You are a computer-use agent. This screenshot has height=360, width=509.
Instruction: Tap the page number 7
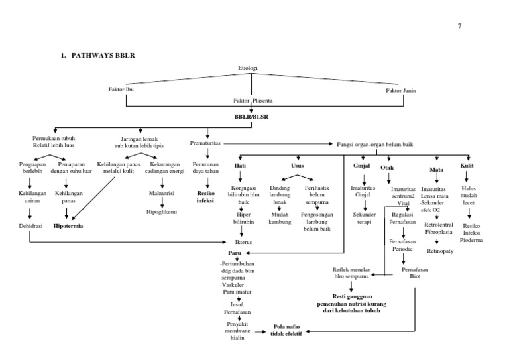click(x=458, y=26)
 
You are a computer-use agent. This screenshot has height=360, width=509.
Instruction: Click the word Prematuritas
click(x=205, y=143)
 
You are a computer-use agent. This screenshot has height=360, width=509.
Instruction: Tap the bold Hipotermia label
click(x=74, y=226)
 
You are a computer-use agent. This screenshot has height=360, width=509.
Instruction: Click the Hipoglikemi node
click(x=161, y=212)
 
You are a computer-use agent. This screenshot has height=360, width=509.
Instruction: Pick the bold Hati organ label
click(x=241, y=165)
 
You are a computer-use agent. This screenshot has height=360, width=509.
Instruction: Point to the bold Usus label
click(x=298, y=165)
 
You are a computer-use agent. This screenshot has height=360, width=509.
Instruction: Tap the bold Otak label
click(x=387, y=168)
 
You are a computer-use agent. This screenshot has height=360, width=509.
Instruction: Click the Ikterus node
click(x=244, y=243)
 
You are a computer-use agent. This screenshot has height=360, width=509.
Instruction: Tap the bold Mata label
click(x=436, y=169)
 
